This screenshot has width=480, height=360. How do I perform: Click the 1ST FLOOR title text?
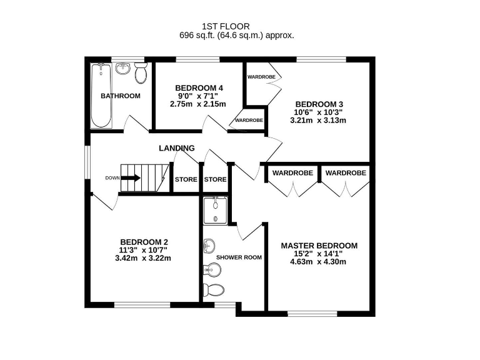[226, 26]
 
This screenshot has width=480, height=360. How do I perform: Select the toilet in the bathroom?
[141, 73]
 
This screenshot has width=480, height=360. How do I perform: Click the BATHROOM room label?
[121, 96]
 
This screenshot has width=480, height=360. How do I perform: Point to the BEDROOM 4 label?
[199, 87]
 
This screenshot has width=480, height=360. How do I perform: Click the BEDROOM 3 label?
[319, 104]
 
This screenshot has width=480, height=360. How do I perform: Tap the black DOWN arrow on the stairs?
[131, 177]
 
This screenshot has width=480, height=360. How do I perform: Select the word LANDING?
[177, 148]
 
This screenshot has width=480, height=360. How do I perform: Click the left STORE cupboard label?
[186, 180]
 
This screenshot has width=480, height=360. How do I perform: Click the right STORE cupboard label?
[215, 180]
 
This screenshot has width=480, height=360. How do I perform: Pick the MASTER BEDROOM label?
[319, 246]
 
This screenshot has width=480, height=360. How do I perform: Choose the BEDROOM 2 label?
[144, 242]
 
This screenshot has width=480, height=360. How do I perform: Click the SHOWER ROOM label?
[239, 257]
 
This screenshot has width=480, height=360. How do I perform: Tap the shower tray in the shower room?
[215, 210]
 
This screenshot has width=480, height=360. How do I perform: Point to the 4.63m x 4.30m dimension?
[319, 262]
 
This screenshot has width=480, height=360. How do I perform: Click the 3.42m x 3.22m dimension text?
[144, 258]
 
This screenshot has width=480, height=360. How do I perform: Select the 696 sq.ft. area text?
[236, 36]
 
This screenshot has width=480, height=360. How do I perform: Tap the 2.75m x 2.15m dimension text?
[199, 104]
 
